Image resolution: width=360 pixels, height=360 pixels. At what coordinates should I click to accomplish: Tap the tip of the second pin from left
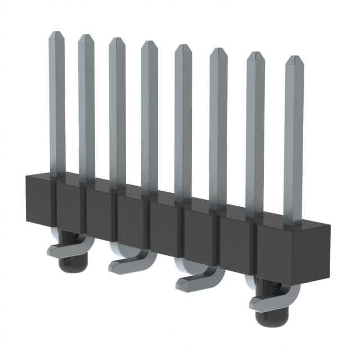[x=86, y=37]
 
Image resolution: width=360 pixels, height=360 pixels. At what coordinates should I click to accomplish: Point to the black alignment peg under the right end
[x=269, y=318]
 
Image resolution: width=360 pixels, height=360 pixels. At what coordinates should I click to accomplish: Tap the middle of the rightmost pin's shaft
[x=294, y=141]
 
